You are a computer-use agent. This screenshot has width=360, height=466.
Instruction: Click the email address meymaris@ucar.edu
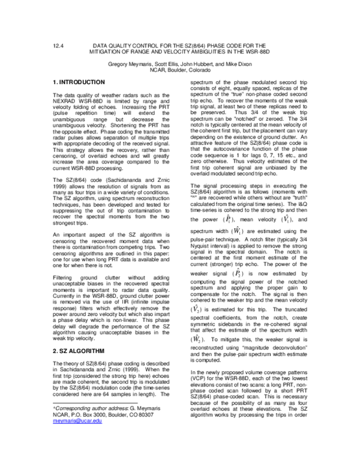coord(77,422)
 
